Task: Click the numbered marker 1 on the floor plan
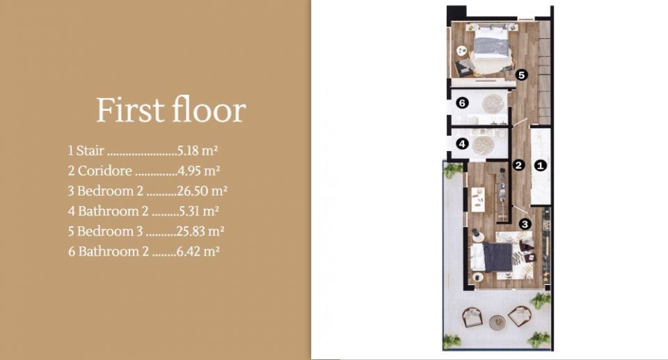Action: click(x=540, y=166)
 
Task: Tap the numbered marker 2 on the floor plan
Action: click(x=518, y=165)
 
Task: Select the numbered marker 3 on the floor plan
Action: click(x=525, y=224)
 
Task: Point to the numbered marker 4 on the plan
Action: click(x=462, y=143)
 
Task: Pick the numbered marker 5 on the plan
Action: click(x=521, y=75)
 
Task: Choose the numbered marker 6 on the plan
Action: click(x=462, y=103)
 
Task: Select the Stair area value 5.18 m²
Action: click(x=198, y=150)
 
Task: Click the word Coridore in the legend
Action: click(x=105, y=171)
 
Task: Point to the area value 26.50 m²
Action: click(x=202, y=191)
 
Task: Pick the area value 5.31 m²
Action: click(x=199, y=211)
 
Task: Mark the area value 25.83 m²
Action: click(x=200, y=230)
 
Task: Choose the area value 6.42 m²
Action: click(x=198, y=251)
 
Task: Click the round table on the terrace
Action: click(x=497, y=322)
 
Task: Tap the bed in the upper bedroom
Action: click(x=492, y=42)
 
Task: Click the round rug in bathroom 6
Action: click(x=493, y=104)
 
